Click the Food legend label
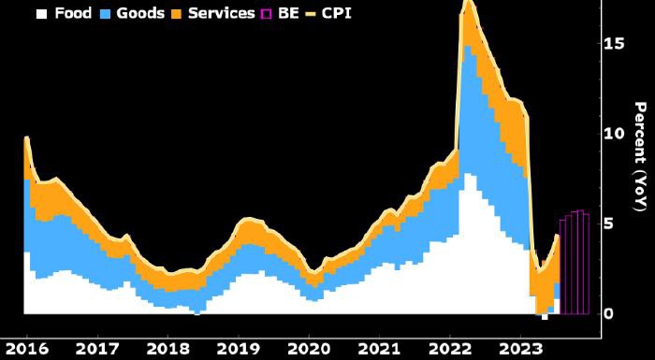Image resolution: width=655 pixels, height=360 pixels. click(73, 14)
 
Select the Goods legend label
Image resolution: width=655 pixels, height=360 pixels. click(140, 14)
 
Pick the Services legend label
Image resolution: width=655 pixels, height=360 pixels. click(221, 14)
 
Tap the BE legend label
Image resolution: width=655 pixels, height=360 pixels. click(288, 14)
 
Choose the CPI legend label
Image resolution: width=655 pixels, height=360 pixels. click(344, 14)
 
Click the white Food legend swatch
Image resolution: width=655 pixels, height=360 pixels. click(41, 14)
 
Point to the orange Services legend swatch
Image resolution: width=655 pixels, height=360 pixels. click(179, 14)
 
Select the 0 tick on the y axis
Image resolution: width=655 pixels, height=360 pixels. click(608, 313)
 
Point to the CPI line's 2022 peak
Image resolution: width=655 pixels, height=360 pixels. click(468, 3)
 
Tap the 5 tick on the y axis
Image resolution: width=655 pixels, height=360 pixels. click(608, 223)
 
